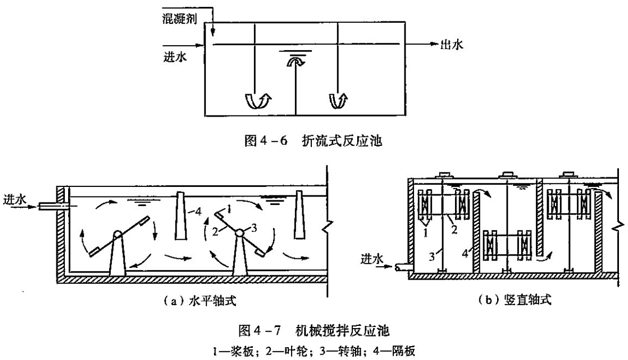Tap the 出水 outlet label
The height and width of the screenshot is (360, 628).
(451, 45)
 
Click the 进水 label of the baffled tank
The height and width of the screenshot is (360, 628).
(176, 55)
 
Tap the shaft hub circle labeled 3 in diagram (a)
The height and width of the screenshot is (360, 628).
(240, 233)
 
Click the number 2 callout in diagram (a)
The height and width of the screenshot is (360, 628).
(216, 231)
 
